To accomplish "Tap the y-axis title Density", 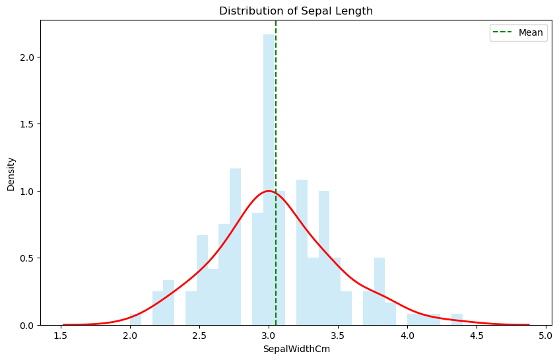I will click(11, 173).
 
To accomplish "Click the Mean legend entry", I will click(519, 32).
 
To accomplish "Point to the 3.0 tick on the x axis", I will click(269, 326).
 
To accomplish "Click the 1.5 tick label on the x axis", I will click(61, 335).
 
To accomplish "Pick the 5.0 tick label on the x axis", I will click(545, 335).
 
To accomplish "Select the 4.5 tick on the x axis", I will click(477, 326).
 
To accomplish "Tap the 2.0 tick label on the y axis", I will click(27, 57).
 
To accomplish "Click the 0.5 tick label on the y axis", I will click(27, 258).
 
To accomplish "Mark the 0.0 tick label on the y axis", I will click(27, 326).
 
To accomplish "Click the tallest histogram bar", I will click(269, 178).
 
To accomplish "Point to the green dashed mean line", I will click(276, 132).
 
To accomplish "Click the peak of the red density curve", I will click(269, 191).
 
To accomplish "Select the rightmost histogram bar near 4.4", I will click(457, 320).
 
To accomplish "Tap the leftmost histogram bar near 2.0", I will click(135, 320).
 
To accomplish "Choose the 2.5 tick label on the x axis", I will click(200, 335).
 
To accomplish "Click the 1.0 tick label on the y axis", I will click(27, 191).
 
